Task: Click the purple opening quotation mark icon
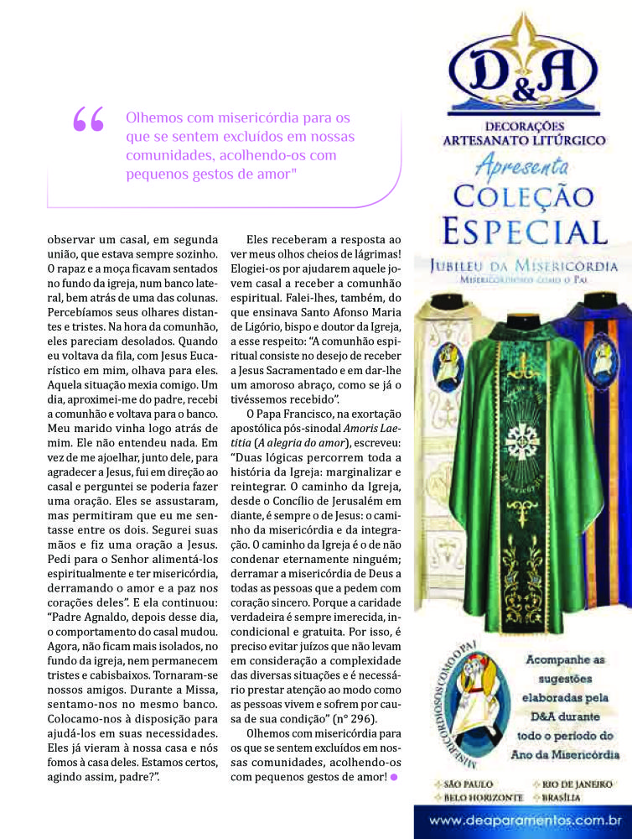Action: click(x=89, y=120)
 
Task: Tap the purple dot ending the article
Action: click(x=394, y=777)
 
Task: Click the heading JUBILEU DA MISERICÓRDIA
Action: click(x=524, y=266)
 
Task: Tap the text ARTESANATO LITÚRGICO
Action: click(x=524, y=140)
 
